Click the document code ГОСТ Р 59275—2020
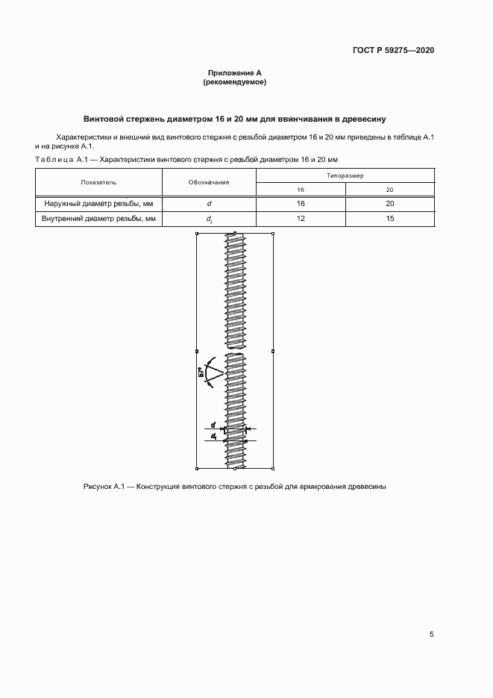click(x=393, y=51)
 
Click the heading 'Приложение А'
click(x=234, y=73)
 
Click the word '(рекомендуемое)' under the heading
click(x=234, y=82)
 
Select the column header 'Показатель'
click(x=98, y=182)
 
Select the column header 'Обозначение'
click(x=209, y=182)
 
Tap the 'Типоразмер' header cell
click(x=345, y=175)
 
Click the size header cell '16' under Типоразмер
click(x=300, y=190)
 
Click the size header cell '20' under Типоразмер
click(x=389, y=190)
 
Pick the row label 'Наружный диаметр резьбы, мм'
click(x=98, y=203)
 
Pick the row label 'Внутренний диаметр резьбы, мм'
click(x=98, y=219)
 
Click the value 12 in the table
click(x=300, y=219)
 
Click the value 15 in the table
click(x=389, y=219)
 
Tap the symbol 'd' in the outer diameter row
click(x=209, y=203)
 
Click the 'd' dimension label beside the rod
click(x=213, y=425)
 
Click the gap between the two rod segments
click(x=235, y=351)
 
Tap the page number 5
click(x=431, y=635)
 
